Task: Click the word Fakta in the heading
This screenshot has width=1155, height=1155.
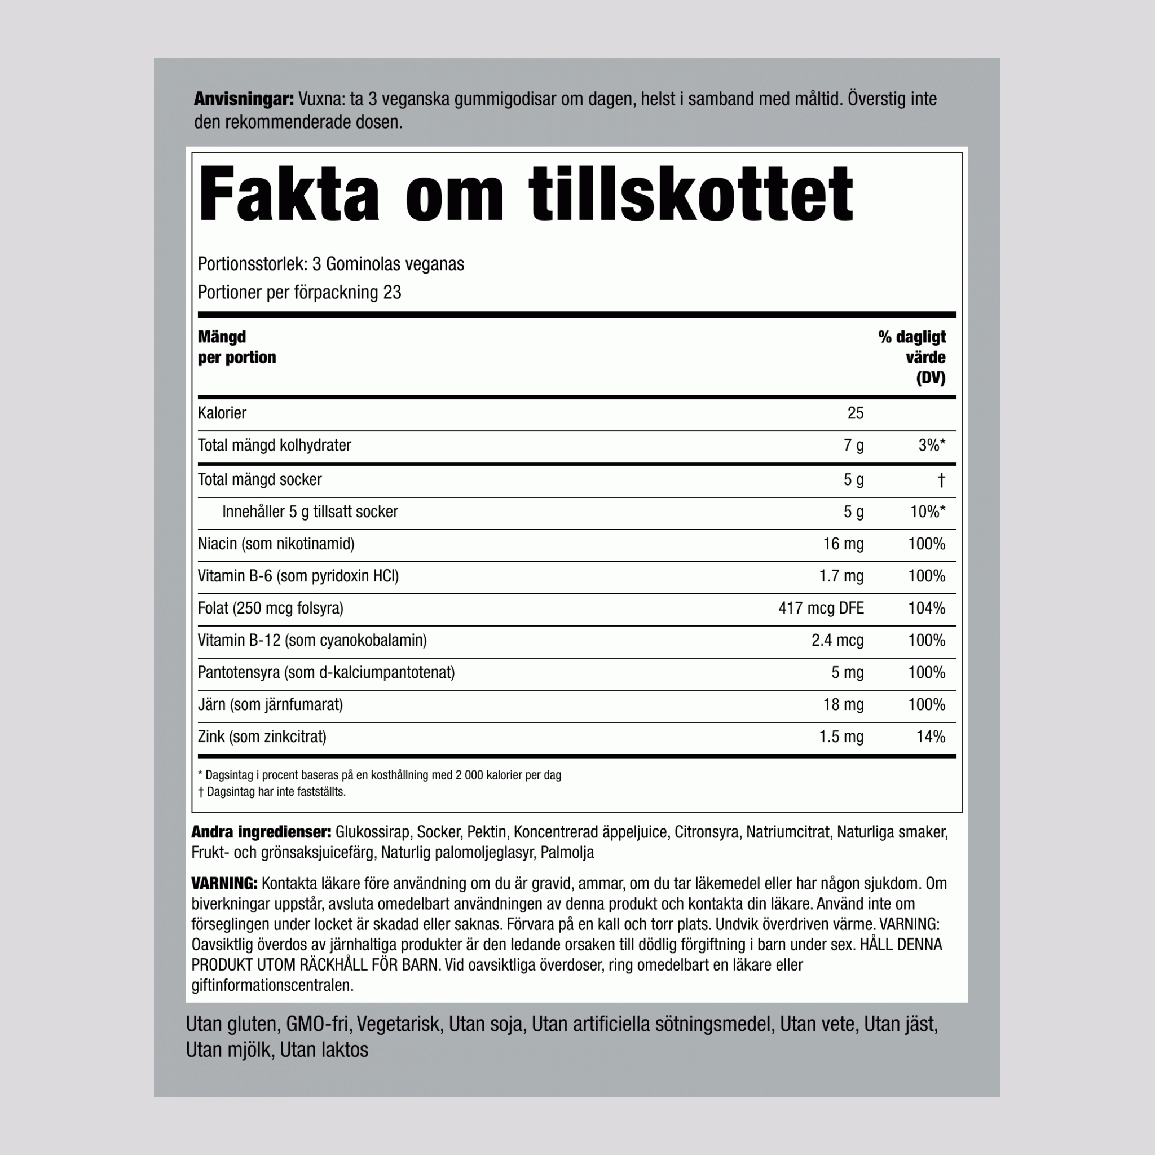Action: [289, 195]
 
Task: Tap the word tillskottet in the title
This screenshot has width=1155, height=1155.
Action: [690, 195]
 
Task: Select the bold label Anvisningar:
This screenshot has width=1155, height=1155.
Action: [243, 99]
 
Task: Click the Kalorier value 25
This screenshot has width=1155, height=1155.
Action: [855, 413]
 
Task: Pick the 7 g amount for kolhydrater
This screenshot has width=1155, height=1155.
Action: [853, 446]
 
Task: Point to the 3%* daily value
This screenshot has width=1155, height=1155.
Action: [932, 446]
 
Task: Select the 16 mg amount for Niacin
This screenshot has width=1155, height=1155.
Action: [843, 544]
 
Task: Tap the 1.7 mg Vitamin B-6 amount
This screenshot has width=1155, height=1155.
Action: [840, 576]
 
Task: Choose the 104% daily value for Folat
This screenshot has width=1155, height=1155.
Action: [926, 609]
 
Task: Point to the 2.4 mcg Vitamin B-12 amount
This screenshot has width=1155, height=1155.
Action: [837, 641]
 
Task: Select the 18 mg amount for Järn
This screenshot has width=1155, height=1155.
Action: [843, 705]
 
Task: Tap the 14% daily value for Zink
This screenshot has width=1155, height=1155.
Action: [930, 737]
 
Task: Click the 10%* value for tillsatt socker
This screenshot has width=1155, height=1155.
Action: [927, 512]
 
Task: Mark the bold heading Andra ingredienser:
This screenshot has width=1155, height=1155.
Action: [261, 832]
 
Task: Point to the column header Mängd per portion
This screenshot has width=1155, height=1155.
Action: [237, 347]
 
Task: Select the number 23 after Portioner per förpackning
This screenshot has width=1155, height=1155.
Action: [392, 293]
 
